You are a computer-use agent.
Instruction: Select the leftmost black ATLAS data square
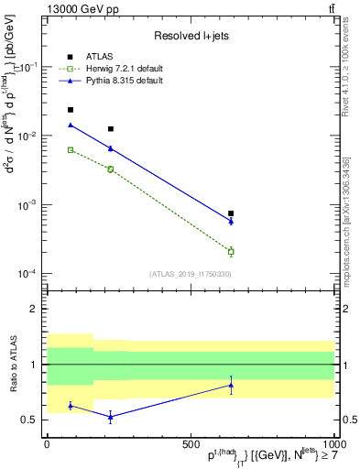pyautogui.click(x=71, y=110)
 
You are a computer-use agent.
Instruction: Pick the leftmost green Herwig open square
pyautogui.click(x=71, y=149)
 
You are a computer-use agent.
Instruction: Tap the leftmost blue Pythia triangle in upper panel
pyautogui.click(x=71, y=125)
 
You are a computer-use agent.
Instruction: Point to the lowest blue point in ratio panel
pyautogui.click(x=111, y=417)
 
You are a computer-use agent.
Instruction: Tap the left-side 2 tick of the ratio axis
pyautogui.click(x=35, y=310)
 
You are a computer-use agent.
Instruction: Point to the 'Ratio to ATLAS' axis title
pyautogui.click(x=12, y=365)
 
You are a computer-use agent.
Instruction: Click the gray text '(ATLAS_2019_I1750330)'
pyautogui.click(x=191, y=273)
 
